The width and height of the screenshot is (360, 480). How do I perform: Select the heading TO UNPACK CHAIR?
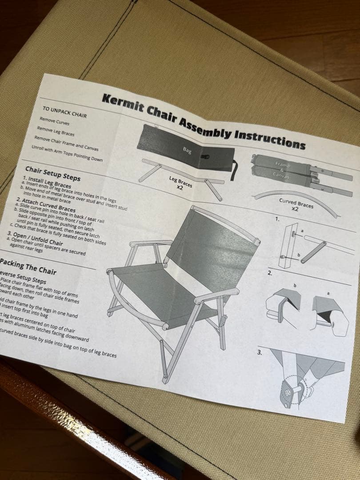[64, 112]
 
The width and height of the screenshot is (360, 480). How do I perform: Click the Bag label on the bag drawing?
[187, 150]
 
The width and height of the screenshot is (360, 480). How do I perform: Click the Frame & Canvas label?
[281, 170]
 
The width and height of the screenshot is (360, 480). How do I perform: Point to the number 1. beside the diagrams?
[277, 220]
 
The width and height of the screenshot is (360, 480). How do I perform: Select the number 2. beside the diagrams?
[270, 273]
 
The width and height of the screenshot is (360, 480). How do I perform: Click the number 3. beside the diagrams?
[260, 353]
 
